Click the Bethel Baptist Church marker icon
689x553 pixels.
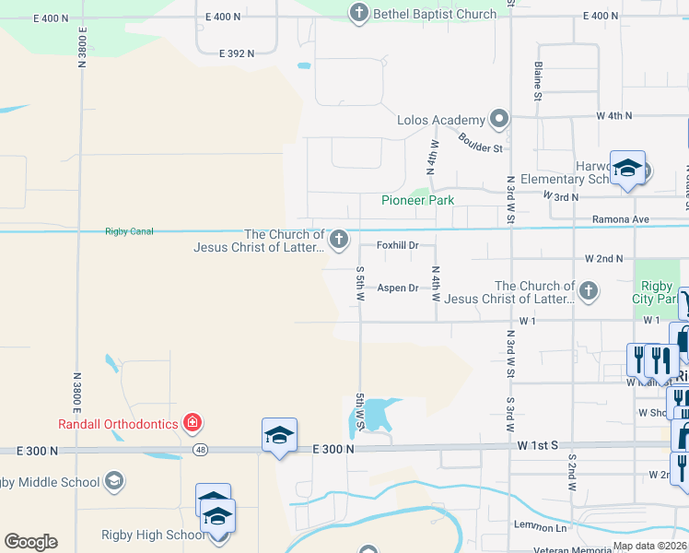pos(358,14)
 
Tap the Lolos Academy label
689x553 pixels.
pos(440,120)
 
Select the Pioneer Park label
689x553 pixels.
pos(418,200)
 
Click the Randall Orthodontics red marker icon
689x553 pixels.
pos(193,424)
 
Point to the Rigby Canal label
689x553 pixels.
pos(129,231)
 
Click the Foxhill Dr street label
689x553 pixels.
pos(398,245)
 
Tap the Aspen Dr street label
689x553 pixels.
pos(398,288)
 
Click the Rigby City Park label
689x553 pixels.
pos(655,292)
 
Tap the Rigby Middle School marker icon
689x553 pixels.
pos(113,481)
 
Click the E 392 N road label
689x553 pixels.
pos(237,54)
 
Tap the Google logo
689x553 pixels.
pos(30,542)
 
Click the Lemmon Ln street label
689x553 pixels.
pos(541,525)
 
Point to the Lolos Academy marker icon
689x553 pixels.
pos(499,119)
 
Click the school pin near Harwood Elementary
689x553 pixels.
pos(627,169)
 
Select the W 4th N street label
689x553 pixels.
pos(614,116)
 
